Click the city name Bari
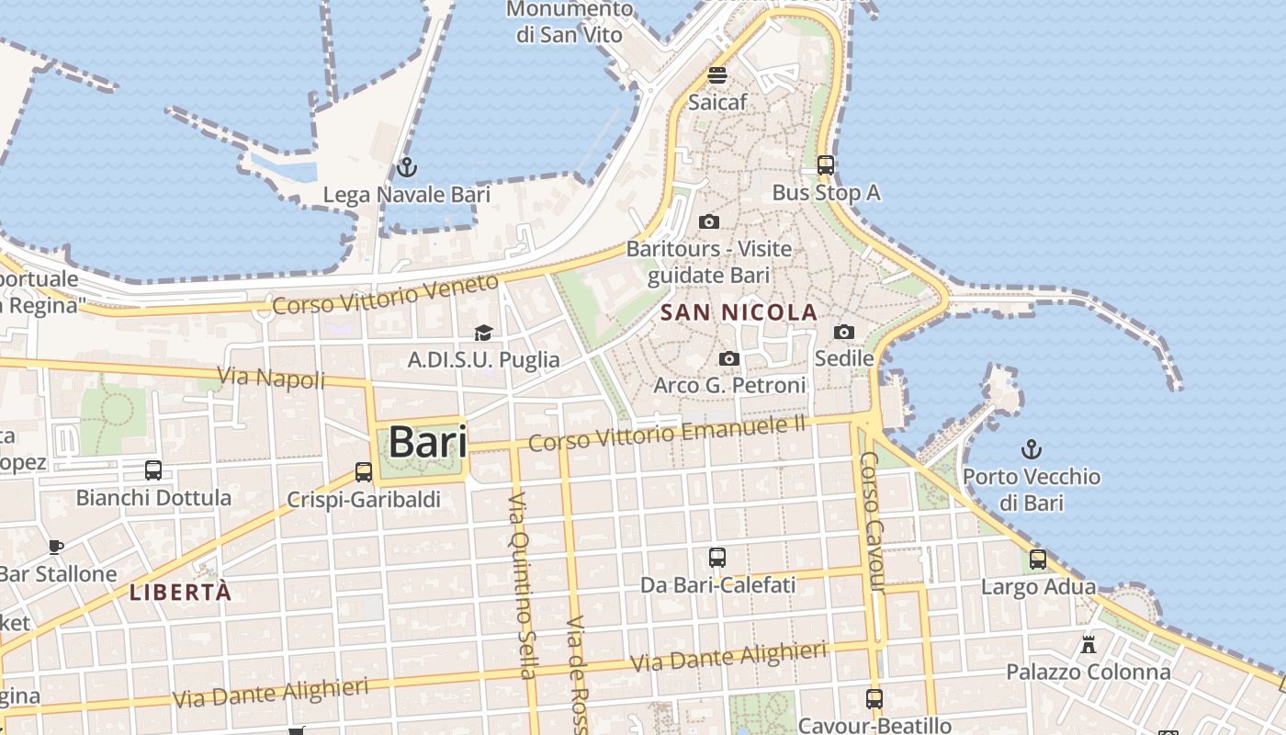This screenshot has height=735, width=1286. pos(427,443)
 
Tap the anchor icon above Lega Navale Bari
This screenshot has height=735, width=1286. pos(406,167)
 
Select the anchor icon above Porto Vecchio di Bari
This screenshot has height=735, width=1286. pos(1032,449)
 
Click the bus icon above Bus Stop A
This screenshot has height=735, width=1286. pos(826,165)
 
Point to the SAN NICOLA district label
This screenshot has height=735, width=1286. pos(739,312)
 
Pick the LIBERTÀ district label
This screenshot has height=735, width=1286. pos(180,593)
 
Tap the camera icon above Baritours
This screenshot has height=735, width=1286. pos(708,221)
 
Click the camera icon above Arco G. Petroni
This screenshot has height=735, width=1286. pos(729,358)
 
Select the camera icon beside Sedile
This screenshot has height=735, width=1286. pos(843,332)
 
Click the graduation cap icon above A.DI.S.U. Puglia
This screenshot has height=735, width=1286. pos(483,333)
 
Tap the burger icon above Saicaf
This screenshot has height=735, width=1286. pos(717,75)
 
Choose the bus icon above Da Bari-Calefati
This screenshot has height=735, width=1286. pos(717,557)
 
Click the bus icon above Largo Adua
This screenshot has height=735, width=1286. pos(1038,559)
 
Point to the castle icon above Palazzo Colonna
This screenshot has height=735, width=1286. pos(1089,644)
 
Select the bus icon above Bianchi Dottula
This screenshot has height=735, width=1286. pos(153,470)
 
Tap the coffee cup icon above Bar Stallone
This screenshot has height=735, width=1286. pos(56,547)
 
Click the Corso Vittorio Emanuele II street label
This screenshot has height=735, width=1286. pos(667,433)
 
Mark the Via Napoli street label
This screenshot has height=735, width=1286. pos(271,377)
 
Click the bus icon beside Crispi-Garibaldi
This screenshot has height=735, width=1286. pos(364,472)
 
